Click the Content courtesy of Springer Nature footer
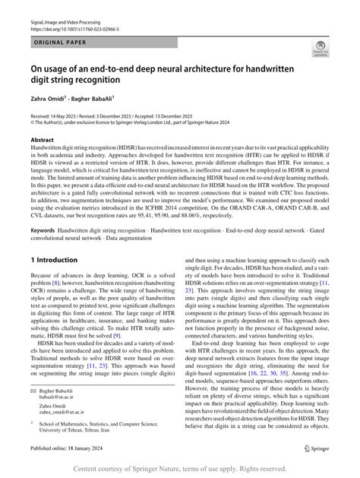179,469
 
